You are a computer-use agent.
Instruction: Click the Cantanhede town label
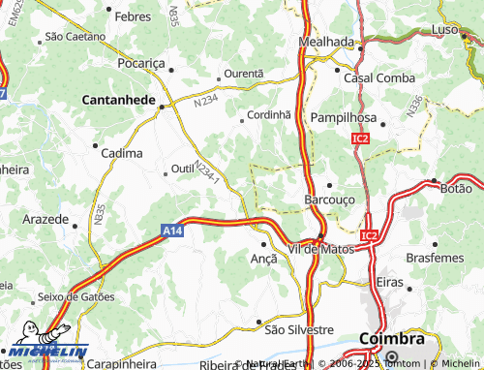(119, 100)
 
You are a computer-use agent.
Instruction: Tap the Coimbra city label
(391, 340)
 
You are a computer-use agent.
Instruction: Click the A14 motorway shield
(171, 231)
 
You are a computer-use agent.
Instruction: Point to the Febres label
(132, 17)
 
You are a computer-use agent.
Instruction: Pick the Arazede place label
(45, 220)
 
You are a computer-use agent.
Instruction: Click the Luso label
(444, 31)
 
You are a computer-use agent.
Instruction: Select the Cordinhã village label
(268, 113)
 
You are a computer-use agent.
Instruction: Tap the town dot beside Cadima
(95, 146)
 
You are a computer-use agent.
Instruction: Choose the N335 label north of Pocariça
(173, 16)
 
